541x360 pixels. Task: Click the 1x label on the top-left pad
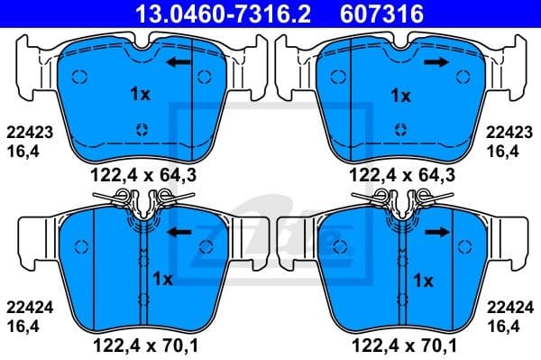(140, 94)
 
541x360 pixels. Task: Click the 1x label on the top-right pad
(399, 94)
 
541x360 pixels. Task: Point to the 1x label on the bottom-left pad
(163, 278)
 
